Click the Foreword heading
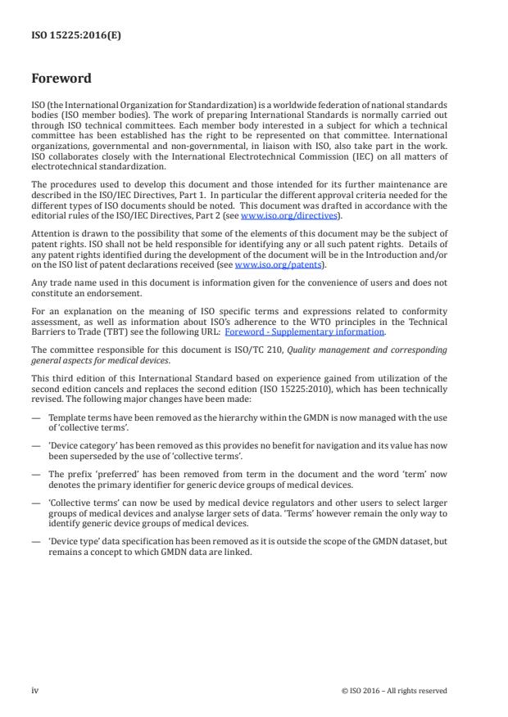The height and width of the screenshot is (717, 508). click(x=61, y=79)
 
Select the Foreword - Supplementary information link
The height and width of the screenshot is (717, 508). click(x=315, y=331)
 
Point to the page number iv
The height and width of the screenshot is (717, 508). click(x=35, y=690)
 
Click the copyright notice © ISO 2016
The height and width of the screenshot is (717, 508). click(x=393, y=691)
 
